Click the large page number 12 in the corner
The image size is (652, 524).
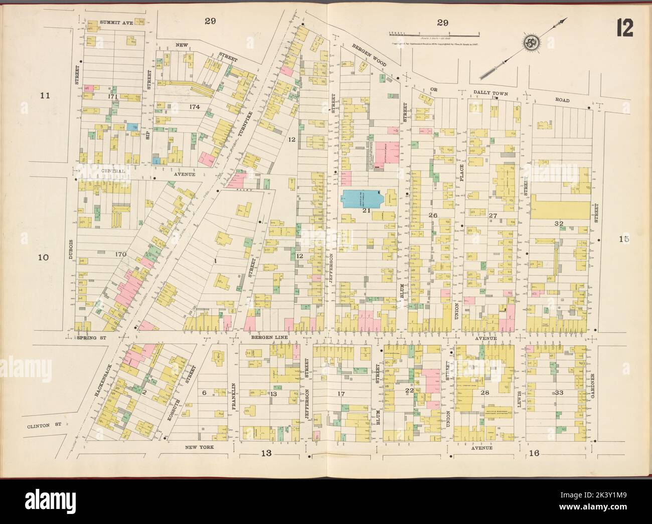pos(626,29)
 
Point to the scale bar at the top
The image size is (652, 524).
pos(434,34)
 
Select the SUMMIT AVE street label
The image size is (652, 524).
pos(116,23)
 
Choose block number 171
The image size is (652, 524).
pos(112,95)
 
